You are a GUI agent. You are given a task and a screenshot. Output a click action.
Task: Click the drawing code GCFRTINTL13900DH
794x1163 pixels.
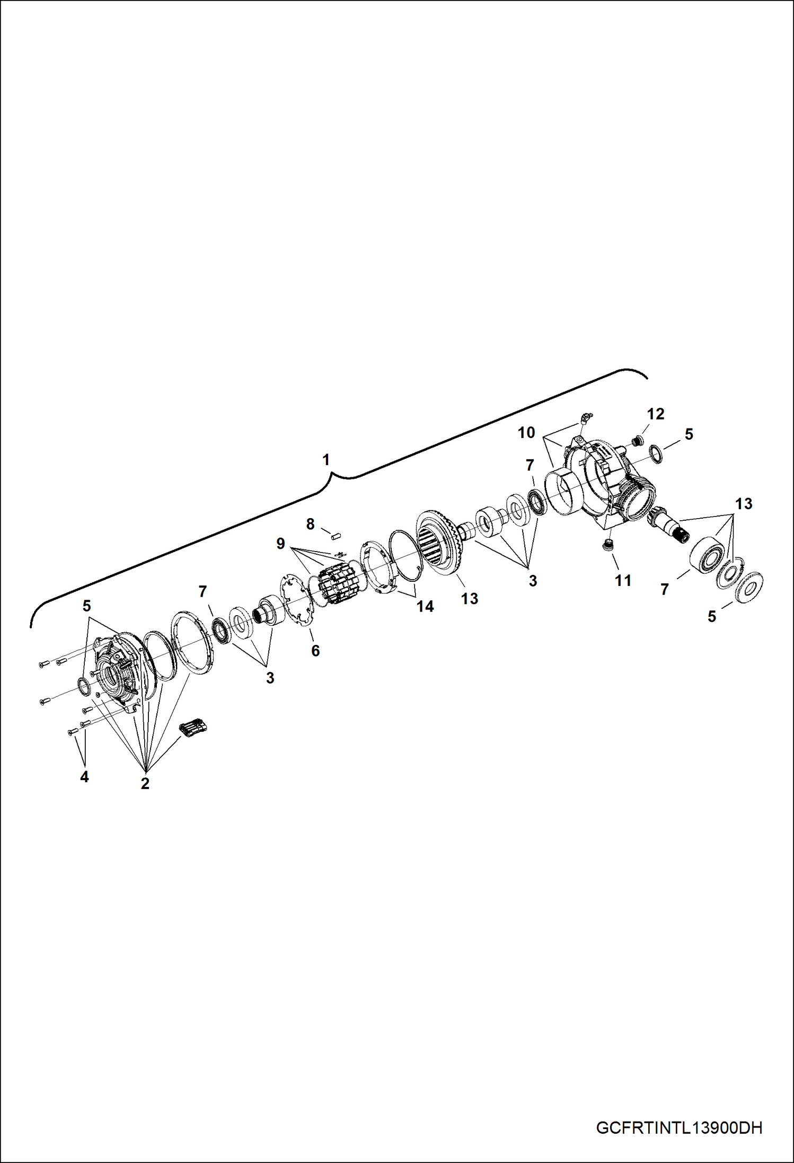point(679,1127)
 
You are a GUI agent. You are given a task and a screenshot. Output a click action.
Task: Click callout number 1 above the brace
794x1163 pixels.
point(327,459)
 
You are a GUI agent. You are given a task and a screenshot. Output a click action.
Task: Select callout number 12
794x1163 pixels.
point(656,414)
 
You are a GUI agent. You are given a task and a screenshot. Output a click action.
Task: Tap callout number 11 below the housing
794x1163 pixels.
point(623,581)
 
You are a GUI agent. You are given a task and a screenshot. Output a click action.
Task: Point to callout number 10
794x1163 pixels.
point(526,433)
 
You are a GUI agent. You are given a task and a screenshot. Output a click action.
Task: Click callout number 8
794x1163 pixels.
point(311,524)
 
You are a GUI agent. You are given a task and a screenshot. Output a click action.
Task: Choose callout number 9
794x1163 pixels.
point(280,544)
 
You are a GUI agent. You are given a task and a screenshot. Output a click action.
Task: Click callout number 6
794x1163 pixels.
point(315,651)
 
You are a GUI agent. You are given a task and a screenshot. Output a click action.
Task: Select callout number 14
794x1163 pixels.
point(425,606)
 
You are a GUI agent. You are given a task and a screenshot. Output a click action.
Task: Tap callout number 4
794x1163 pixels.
point(84,777)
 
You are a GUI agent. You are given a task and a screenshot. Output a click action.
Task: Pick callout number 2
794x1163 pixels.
point(145,783)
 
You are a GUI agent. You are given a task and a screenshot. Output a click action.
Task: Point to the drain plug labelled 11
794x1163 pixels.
point(608,546)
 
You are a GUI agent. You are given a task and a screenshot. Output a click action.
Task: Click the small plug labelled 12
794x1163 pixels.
point(639,440)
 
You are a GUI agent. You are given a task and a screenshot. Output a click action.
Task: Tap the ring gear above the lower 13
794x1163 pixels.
point(440,544)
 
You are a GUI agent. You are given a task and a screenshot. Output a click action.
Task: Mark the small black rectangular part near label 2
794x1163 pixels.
point(193,728)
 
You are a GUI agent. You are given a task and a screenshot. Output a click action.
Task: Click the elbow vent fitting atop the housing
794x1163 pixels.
point(585,419)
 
